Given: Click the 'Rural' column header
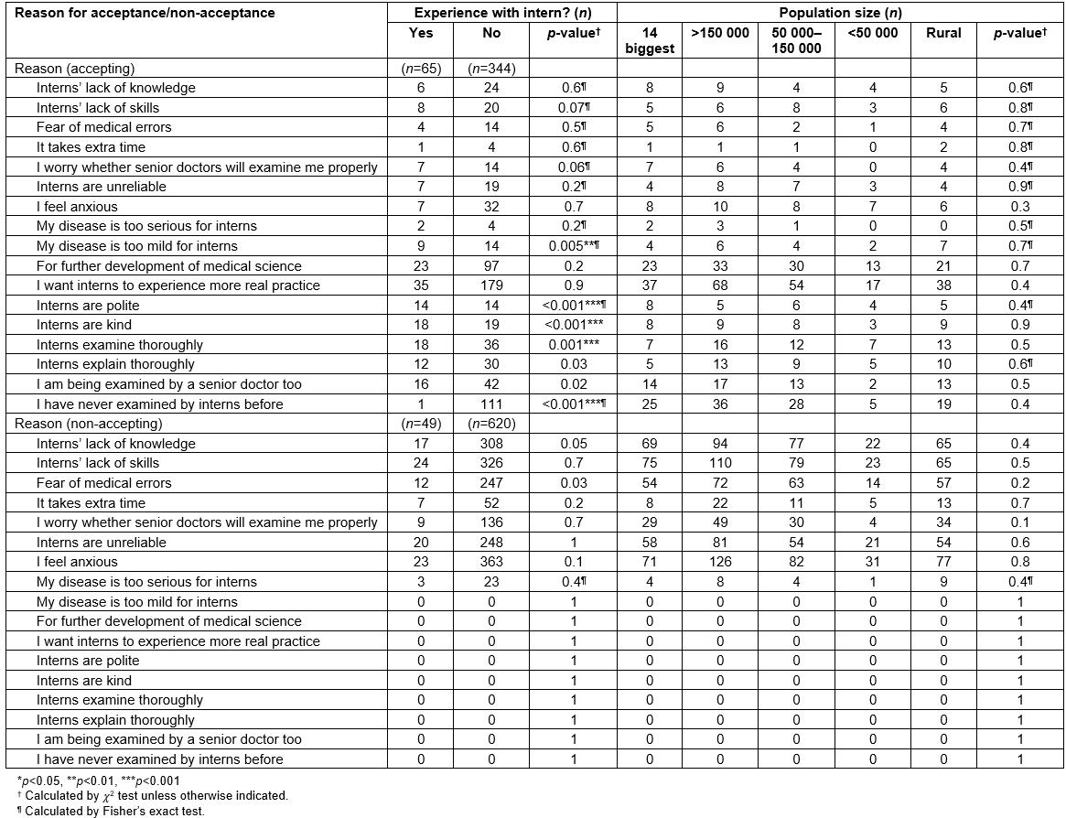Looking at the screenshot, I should point(943,33).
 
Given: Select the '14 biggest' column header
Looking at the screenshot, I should point(650,40).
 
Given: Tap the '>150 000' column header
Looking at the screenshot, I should point(720,33).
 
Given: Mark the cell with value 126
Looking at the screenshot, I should point(720,562).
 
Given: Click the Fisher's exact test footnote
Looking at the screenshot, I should point(111,811).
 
